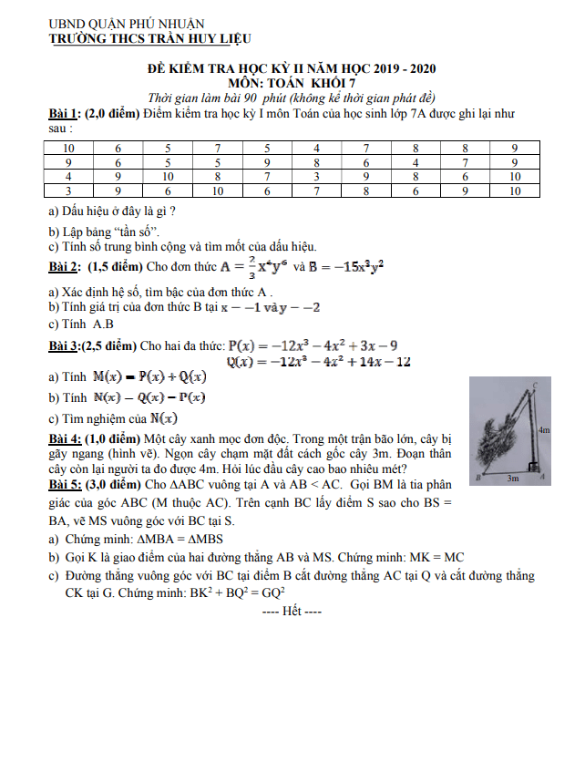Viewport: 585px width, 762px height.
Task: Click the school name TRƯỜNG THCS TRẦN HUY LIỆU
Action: point(149,38)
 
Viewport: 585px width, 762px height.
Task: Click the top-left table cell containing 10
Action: point(68,148)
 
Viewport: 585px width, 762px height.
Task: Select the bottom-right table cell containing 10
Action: point(515,191)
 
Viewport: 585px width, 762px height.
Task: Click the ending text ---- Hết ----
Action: point(292,610)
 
